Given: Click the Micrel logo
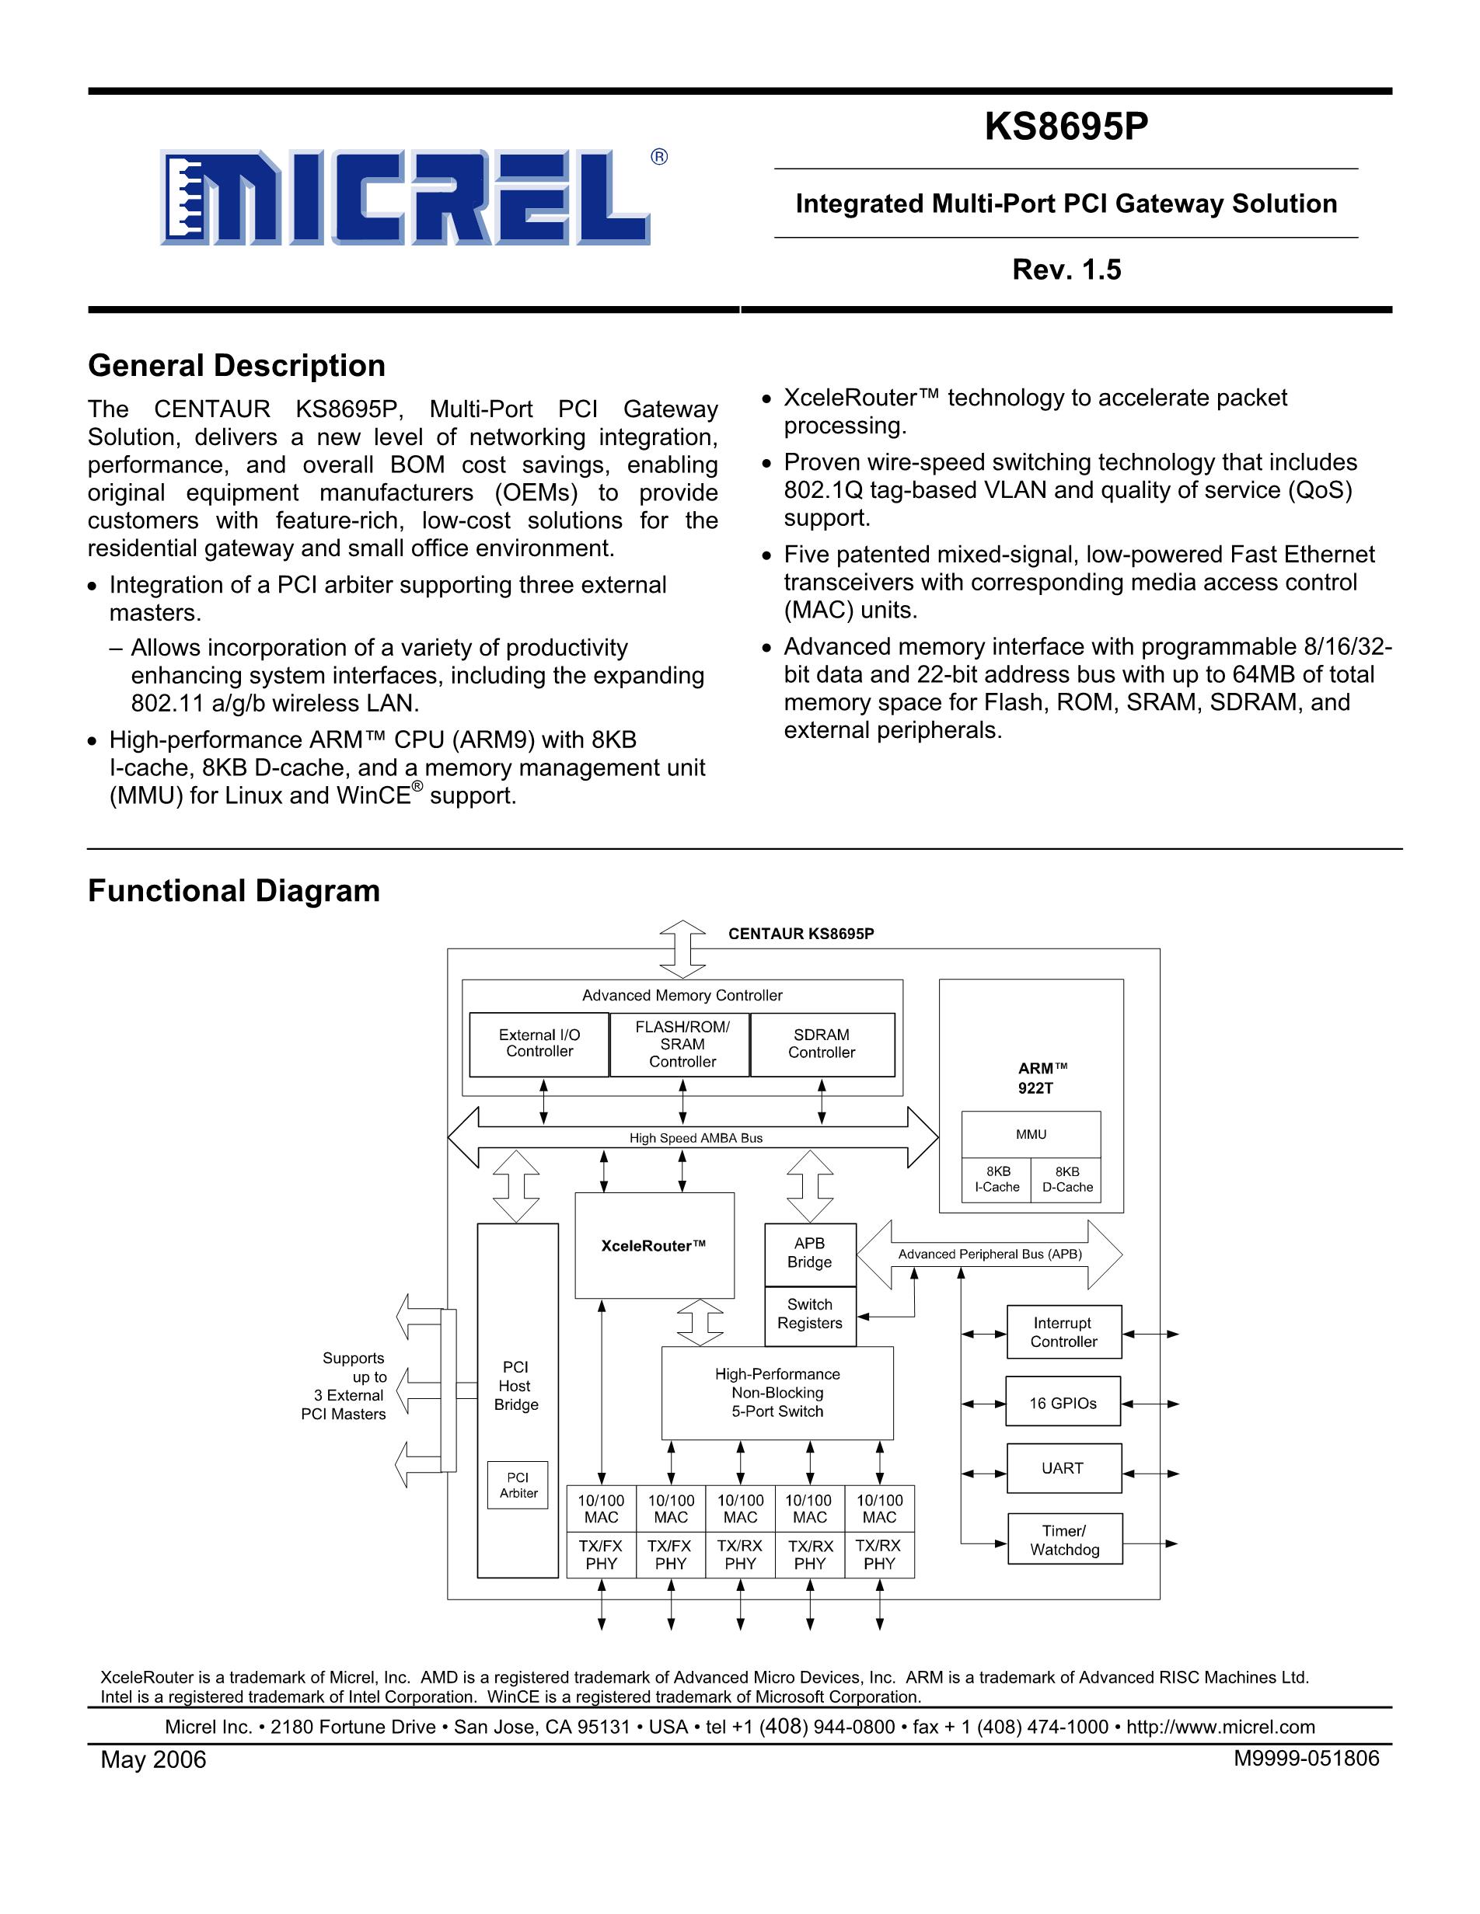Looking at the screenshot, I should pyautogui.click(x=405, y=198).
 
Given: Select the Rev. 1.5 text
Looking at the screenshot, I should pyautogui.click(x=1066, y=269).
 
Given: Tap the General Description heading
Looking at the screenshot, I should pyautogui.click(x=237, y=365).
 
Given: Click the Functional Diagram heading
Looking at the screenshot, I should pyautogui.click(x=234, y=890).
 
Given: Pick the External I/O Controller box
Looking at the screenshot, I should pyautogui.click(x=539, y=1044).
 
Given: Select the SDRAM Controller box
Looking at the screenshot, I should pyautogui.click(x=822, y=1044).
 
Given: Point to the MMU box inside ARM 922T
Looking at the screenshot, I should pyautogui.click(x=1031, y=1134).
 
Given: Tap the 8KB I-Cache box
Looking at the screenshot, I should pyautogui.click(x=997, y=1180).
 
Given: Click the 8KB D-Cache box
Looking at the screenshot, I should pyautogui.click(x=1067, y=1180).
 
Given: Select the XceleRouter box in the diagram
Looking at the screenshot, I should pyautogui.click(x=654, y=1245).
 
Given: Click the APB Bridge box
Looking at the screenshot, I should pyautogui.click(x=809, y=1253).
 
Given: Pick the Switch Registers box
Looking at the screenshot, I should pyautogui.click(x=809, y=1314).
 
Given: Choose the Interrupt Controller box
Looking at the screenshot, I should pyautogui.click(x=1063, y=1332).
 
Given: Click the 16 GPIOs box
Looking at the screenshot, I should pyautogui.click(x=1063, y=1403).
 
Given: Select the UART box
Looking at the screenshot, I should pyautogui.click(x=1063, y=1468).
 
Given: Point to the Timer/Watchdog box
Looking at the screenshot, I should pyautogui.click(x=1064, y=1540).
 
